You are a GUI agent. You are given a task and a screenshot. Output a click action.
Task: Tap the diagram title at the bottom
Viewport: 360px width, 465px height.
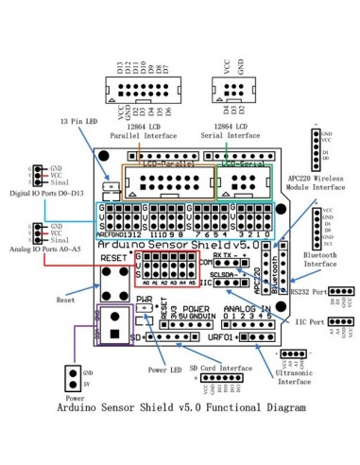click(x=180, y=437)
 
